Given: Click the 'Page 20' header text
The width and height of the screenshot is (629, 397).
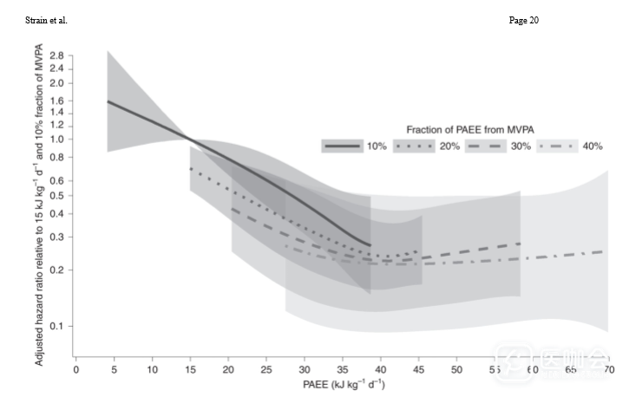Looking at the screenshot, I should (522, 20).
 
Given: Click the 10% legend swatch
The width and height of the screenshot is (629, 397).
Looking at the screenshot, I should (342, 146).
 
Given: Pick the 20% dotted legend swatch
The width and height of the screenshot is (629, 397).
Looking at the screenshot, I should (414, 146).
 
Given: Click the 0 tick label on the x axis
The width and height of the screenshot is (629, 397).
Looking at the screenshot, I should (76, 369).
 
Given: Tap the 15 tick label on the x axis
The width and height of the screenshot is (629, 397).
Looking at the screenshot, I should (190, 369).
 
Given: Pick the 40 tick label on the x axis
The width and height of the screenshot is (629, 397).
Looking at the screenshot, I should (380, 369).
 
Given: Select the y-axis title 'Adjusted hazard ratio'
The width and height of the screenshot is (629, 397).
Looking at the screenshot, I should (40, 207).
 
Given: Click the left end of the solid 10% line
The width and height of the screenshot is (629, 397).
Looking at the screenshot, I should (108, 101).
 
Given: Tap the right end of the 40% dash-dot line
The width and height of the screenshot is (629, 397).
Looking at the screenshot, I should (605, 251).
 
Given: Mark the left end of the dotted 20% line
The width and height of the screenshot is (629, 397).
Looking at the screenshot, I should (191, 169).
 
